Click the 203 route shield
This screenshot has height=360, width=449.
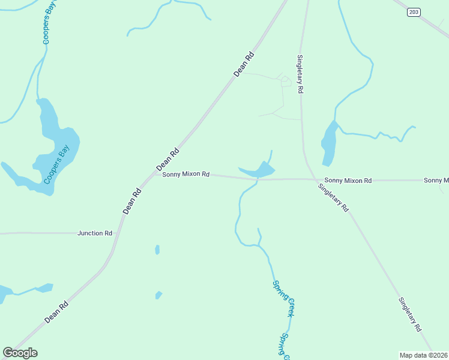point(414,11)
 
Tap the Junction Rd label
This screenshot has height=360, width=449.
point(95,233)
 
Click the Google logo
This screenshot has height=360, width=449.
point(20,353)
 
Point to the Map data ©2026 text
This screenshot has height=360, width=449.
point(423,355)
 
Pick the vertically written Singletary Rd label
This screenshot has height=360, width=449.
point(300,74)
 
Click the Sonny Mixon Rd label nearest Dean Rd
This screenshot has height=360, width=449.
point(185,174)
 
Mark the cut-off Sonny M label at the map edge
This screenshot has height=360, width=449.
point(436,180)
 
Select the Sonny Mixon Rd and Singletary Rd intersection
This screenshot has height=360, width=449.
point(313,179)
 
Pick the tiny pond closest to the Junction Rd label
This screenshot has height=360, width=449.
point(157,249)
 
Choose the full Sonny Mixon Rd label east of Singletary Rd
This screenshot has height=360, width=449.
point(348,180)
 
